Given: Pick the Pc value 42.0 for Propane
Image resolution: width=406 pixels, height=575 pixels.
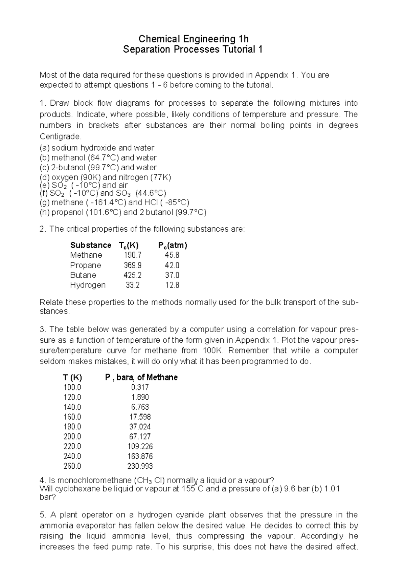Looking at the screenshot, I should pos(172,265).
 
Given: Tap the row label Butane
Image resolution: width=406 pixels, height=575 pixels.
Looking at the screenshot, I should pos(83,275).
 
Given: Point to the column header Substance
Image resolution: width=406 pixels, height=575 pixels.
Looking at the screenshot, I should pos(90,245).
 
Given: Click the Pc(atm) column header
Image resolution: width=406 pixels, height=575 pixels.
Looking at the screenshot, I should pos(173,245).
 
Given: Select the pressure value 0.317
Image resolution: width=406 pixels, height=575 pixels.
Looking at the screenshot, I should pos(140,387).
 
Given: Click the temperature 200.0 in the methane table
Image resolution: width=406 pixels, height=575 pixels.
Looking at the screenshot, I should pos(72,436).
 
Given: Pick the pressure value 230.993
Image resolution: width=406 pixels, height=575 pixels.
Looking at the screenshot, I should pos(140,466).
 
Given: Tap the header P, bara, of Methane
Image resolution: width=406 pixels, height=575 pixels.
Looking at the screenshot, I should pos(141,378).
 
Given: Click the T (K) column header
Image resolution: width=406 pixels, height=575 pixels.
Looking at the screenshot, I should pos(72,378).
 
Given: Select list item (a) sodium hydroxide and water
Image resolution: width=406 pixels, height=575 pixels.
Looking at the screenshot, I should pos(97,148).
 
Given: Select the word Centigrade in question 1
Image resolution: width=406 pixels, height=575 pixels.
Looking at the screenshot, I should pos(60,137).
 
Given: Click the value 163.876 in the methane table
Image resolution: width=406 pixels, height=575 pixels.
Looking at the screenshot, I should pos(140,456).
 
